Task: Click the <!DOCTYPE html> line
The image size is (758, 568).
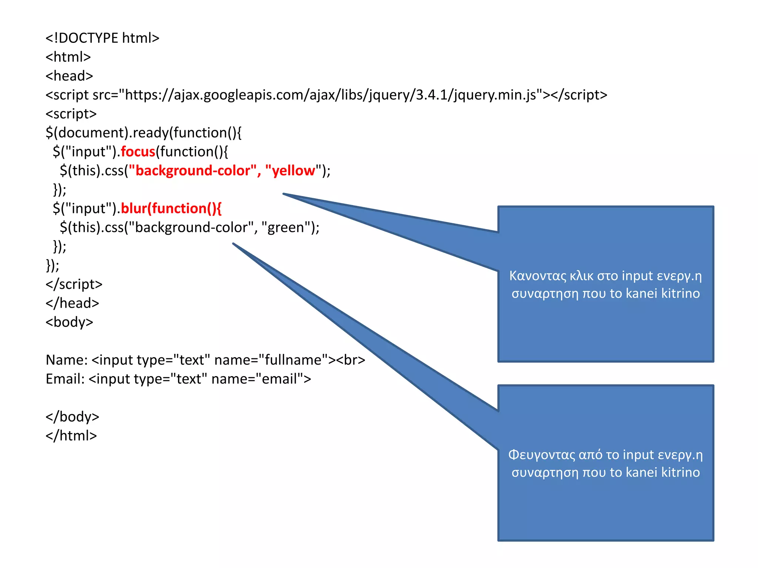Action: (x=102, y=38)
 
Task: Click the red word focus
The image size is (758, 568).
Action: (x=138, y=152)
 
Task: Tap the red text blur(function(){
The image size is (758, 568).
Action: (x=171, y=209)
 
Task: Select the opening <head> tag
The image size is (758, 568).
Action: (x=69, y=76)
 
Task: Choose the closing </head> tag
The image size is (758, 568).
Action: (x=72, y=303)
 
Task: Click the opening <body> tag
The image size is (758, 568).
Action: (x=69, y=322)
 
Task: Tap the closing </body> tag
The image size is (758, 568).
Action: (x=72, y=417)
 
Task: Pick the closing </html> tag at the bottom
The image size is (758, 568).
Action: (x=71, y=436)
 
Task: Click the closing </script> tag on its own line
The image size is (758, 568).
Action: (x=74, y=284)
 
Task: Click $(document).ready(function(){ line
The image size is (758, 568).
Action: (x=143, y=133)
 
